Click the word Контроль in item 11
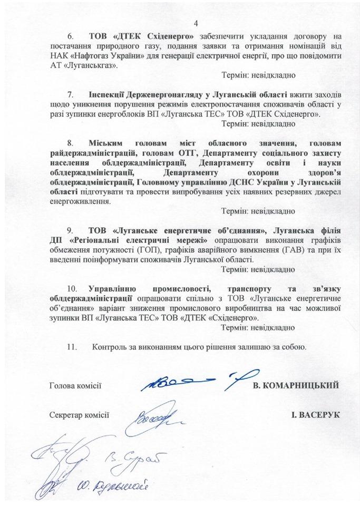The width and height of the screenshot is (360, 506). click(110, 347)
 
